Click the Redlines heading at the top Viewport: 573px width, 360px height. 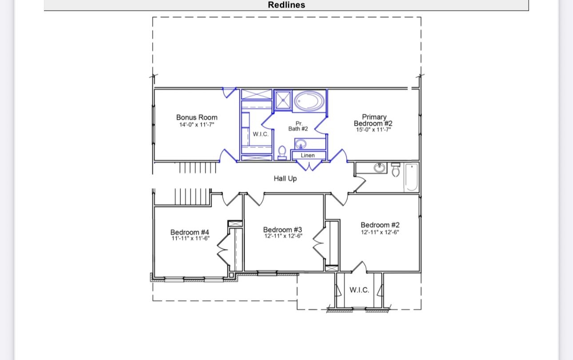[x=286, y=5]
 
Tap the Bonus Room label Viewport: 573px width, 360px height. [x=197, y=117]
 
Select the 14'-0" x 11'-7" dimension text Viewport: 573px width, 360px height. [x=196, y=125]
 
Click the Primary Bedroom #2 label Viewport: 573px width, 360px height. [x=374, y=120]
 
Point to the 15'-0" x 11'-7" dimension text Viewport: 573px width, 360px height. [x=374, y=130]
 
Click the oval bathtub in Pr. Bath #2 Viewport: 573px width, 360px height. [x=309, y=101]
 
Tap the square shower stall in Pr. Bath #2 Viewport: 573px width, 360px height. [x=283, y=100]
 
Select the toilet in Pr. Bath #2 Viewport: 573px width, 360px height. [x=282, y=153]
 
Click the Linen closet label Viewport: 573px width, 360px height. [x=307, y=155]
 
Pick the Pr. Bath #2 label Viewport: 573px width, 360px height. [x=298, y=126]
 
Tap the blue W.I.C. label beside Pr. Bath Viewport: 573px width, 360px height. [x=260, y=134]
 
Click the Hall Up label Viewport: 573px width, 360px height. [x=285, y=178]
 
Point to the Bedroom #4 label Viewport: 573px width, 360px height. [x=190, y=232]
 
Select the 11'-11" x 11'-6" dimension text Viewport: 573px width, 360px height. [x=191, y=238]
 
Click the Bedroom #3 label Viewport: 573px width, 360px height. [x=283, y=229]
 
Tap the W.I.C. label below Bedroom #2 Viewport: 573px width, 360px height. [x=359, y=290]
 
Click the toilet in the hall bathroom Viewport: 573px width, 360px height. [x=395, y=170]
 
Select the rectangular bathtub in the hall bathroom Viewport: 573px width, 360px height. [x=411, y=177]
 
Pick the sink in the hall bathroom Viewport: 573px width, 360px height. [x=379, y=168]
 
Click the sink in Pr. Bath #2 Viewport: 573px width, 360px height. [x=301, y=144]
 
